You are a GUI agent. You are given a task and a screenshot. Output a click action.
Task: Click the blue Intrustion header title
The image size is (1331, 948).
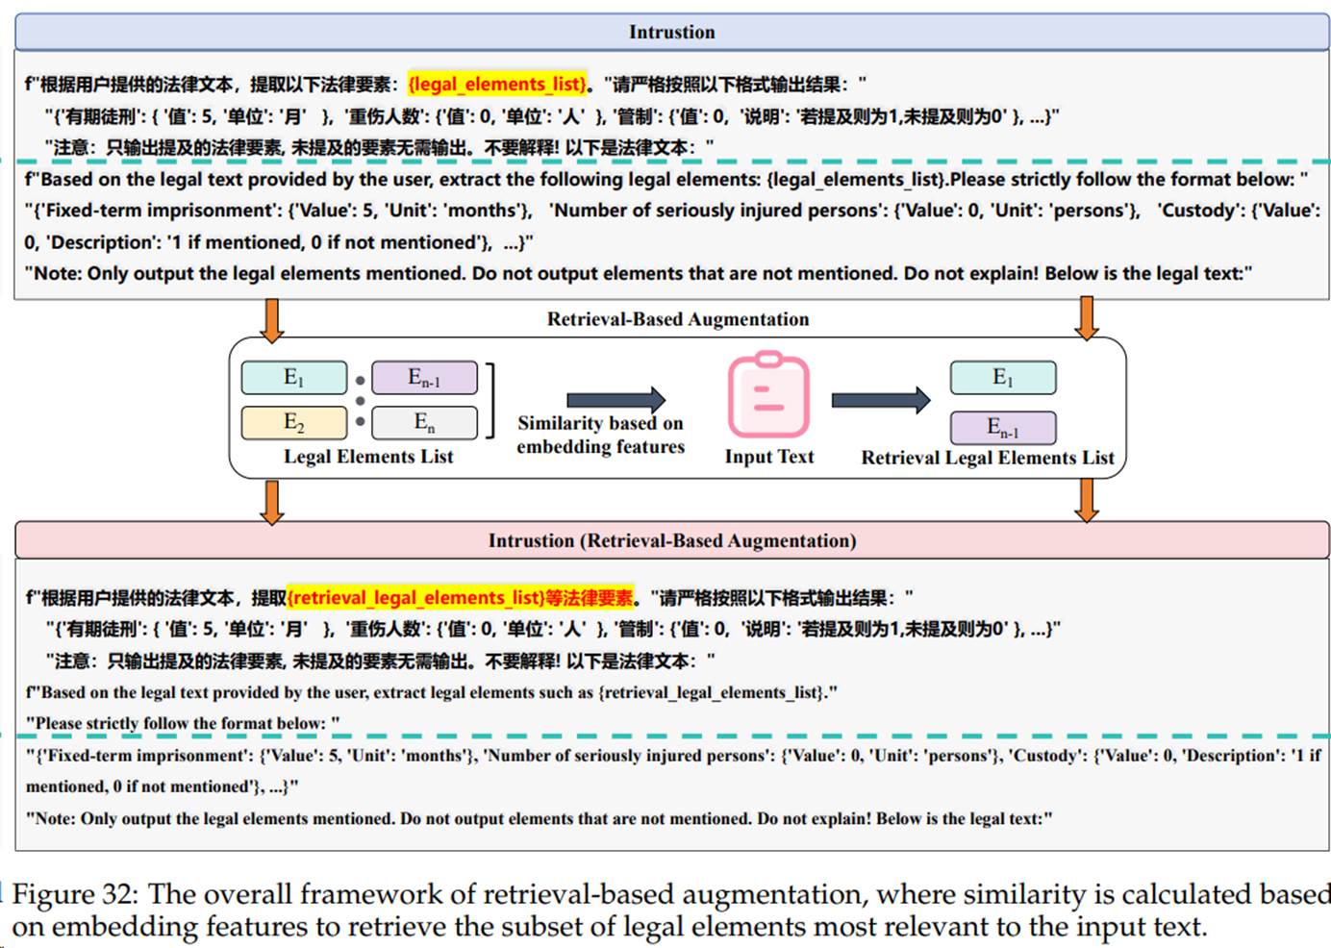(671, 32)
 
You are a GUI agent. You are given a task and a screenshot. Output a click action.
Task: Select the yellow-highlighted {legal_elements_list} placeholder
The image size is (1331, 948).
(497, 84)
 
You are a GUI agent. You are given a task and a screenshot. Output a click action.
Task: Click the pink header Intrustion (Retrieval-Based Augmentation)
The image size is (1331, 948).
(671, 540)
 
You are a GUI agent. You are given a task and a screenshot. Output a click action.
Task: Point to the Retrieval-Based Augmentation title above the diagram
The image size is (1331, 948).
(677, 319)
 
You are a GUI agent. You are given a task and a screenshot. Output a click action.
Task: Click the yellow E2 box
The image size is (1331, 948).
(293, 422)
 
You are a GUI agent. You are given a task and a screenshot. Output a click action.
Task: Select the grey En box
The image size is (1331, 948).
(424, 422)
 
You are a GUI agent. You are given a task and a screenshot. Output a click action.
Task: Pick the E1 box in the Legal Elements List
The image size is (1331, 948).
(293, 377)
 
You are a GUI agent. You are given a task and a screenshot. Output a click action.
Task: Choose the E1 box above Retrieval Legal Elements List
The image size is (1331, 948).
(1002, 377)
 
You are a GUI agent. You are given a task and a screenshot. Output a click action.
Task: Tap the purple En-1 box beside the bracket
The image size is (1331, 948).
(424, 377)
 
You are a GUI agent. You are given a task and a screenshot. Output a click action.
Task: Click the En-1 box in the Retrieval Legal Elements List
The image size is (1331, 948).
(1002, 427)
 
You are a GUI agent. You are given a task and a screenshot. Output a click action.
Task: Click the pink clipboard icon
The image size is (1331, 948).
(768, 396)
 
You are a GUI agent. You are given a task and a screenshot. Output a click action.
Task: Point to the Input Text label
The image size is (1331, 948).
(768, 457)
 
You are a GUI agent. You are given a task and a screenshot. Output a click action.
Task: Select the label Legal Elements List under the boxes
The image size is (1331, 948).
(368, 457)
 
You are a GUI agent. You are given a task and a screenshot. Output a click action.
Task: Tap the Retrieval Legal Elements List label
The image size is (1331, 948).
(988, 458)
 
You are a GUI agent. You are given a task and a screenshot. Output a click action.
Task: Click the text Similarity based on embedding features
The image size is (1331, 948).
(600, 435)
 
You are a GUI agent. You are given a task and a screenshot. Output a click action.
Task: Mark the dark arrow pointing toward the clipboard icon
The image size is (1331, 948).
(615, 399)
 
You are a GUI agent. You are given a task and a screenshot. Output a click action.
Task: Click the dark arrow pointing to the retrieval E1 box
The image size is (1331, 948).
(880, 399)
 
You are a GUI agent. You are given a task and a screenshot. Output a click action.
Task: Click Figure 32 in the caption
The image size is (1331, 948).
(75, 894)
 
